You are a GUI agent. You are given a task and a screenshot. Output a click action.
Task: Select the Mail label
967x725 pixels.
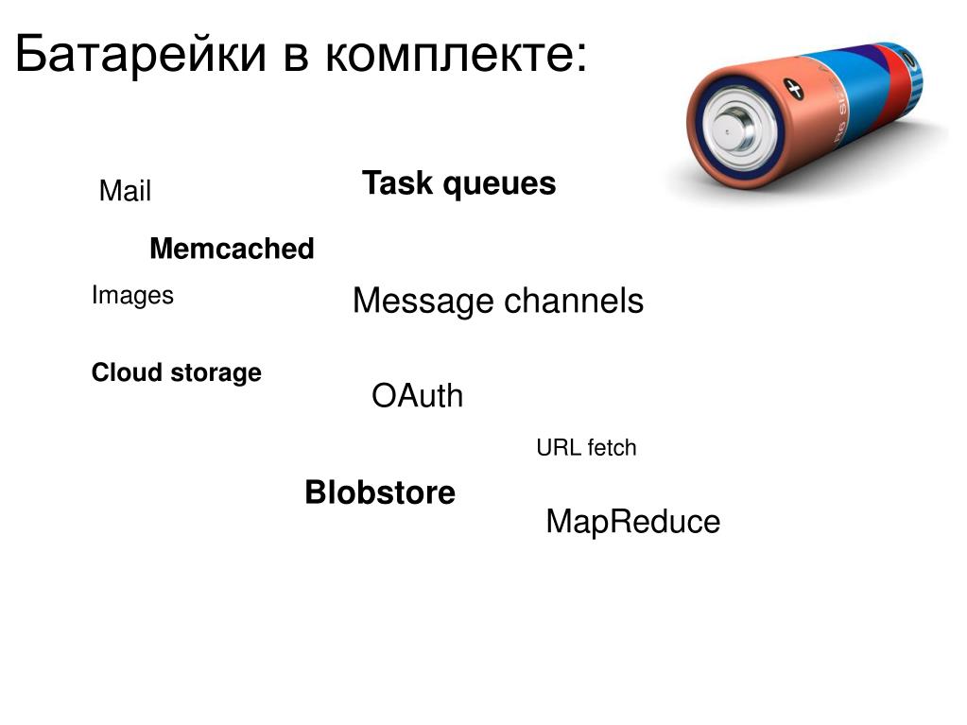(x=125, y=192)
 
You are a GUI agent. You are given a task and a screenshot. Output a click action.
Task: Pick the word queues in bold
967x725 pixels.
(x=500, y=184)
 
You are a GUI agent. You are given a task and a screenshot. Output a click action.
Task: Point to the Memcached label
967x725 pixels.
(x=232, y=250)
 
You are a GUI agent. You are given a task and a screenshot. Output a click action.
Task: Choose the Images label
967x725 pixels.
(x=132, y=296)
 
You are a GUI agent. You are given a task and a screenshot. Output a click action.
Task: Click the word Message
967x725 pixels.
(x=423, y=302)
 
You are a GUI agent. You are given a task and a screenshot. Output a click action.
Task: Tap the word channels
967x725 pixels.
(x=573, y=302)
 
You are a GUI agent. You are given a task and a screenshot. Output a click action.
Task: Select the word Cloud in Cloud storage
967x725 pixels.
(x=128, y=372)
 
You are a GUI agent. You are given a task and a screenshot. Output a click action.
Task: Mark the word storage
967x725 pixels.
(x=216, y=373)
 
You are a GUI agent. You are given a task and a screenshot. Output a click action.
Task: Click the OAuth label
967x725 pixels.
(x=418, y=396)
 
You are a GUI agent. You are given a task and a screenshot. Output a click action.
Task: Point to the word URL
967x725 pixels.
(x=558, y=447)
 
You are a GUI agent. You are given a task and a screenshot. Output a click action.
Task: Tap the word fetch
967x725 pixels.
(x=612, y=447)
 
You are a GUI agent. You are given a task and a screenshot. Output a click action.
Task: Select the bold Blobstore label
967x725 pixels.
(x=380, y=492)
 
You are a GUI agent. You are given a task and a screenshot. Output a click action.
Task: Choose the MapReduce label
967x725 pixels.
(x=632, y=522)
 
